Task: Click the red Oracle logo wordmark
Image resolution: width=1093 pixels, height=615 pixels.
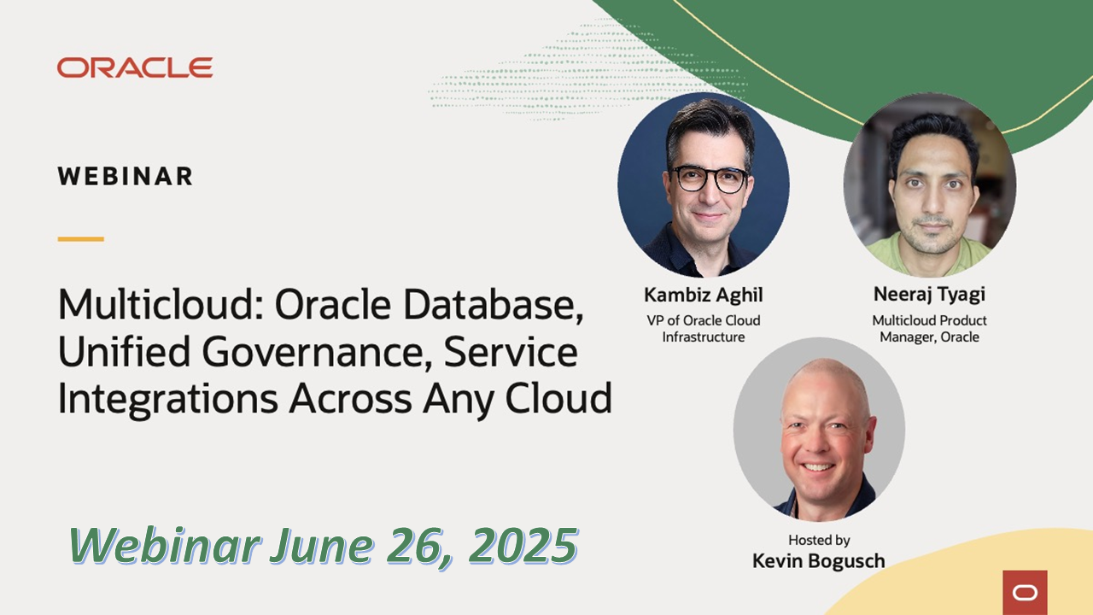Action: (x=135, y=68)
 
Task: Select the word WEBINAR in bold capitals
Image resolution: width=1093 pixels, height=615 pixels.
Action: (x=126, y=177)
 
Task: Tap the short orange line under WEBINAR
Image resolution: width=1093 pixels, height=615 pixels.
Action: (x=81, y=239)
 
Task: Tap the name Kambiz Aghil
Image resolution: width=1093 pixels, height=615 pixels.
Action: (x=703, y=296)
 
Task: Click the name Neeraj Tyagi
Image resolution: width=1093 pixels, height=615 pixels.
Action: (x=929, y=295)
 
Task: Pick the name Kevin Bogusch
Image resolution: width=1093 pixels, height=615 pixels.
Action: (x=818, y=561)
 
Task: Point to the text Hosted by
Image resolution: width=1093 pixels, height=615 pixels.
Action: (x=819, y=540)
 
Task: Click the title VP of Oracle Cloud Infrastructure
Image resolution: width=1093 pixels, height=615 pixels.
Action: (x=703, y=329)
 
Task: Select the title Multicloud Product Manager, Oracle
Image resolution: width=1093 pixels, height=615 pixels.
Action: (x=929, y=329)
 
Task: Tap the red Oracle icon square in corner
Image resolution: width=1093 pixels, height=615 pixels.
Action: (x=1025, y=592)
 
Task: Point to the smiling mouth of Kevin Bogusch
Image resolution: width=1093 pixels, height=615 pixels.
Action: (x=817, y=467)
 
